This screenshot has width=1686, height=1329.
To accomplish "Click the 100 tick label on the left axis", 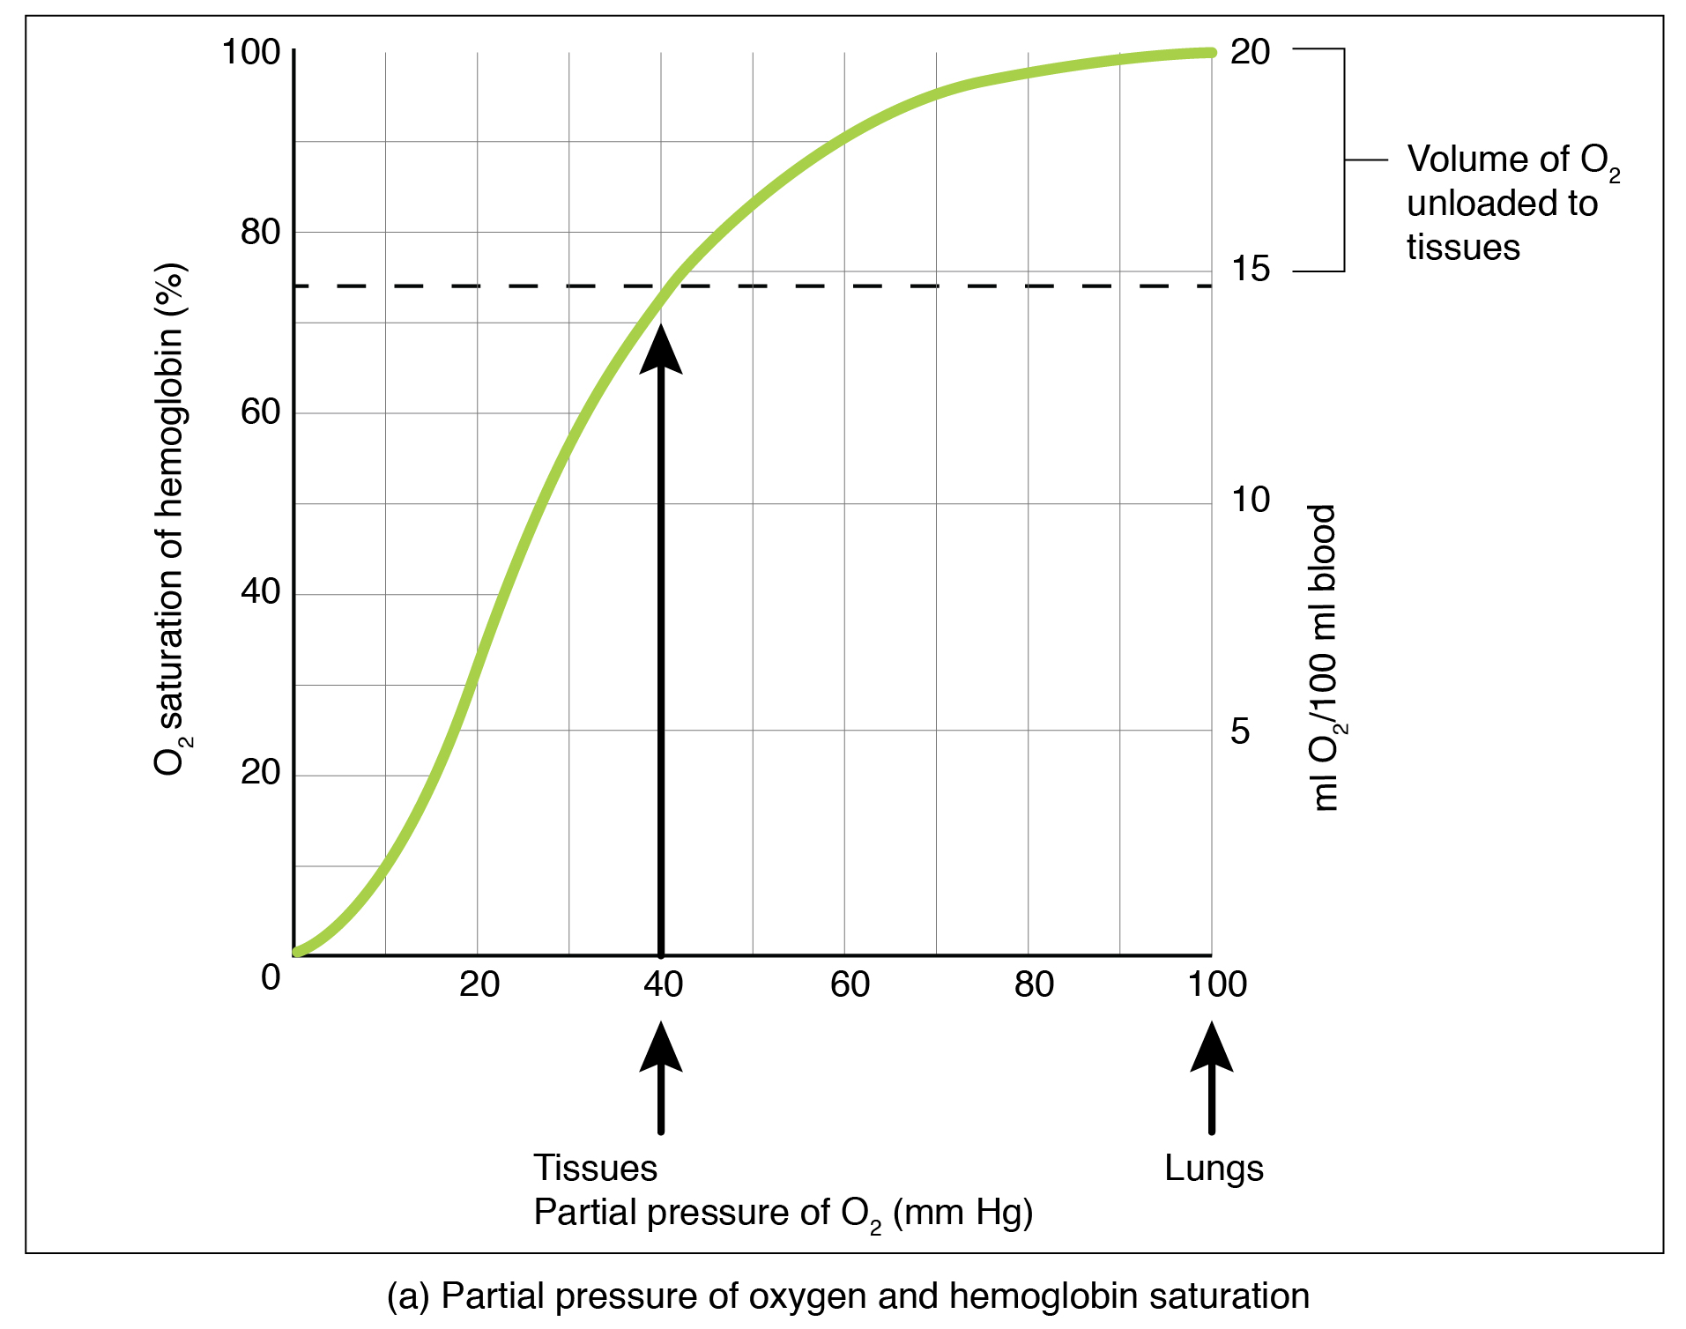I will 250,52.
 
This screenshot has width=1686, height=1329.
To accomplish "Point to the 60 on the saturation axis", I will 260,412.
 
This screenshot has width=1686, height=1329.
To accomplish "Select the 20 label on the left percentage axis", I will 260,772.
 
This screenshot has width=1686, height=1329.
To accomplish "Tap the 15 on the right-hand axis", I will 1250,269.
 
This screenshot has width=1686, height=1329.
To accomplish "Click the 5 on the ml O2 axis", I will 1239,731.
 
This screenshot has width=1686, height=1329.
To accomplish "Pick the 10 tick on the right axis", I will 1250,500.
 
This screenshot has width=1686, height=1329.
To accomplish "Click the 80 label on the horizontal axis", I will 1033,984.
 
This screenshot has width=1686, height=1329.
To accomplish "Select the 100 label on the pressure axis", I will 1216,984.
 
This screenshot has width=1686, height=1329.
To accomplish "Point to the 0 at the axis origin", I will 271,977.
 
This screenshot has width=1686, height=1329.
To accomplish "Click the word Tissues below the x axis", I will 595,1169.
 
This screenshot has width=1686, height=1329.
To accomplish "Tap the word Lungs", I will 1213,1169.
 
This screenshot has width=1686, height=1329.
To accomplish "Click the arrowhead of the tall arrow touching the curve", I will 661,350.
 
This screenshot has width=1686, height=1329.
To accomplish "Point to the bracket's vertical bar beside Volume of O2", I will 1344,160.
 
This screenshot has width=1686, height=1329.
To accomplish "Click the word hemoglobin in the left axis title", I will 169,422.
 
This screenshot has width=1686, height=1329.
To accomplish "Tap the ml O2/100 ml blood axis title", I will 1325,657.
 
